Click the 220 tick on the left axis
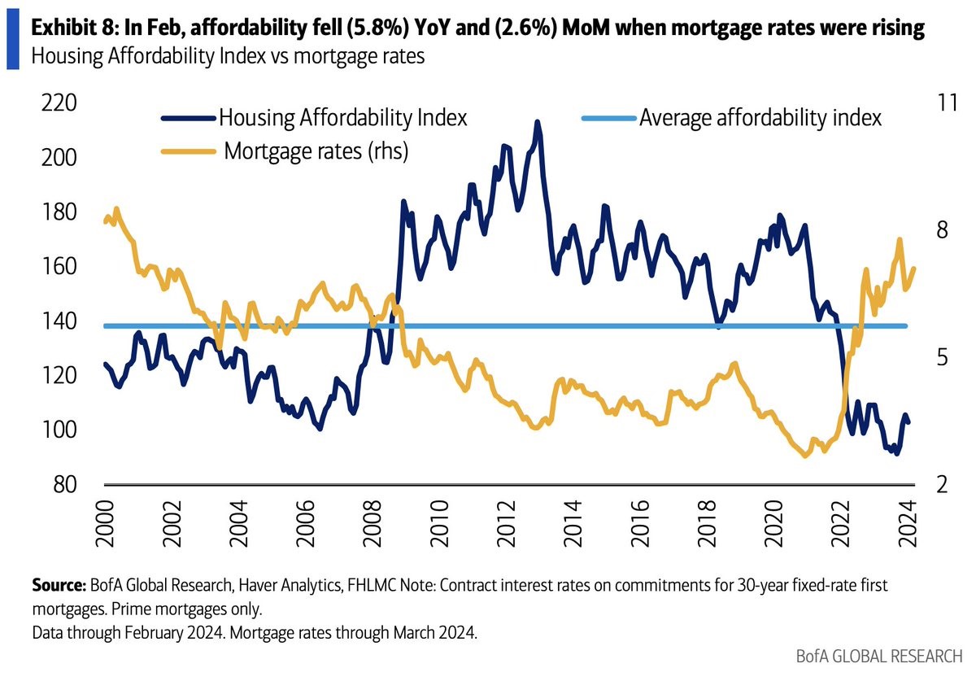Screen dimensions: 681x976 (54, 103)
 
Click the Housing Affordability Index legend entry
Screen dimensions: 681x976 (342, 118)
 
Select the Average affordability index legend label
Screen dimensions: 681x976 (760, 118)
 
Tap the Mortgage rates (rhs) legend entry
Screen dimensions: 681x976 (316, 151)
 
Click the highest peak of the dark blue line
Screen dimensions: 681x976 (537, 123)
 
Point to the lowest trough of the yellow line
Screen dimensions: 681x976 (805, 456)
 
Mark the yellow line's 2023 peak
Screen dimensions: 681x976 (899, 240)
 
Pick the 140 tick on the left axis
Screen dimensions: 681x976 (54, 321)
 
